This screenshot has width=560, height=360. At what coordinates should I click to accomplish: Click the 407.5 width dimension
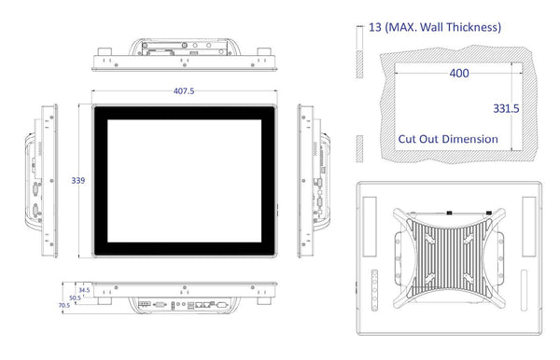pyautogui.click(x=184, y=91)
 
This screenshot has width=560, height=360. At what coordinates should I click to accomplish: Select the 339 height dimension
pyautogui.click(x=78, y=181)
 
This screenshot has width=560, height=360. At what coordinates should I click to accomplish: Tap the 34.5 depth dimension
pyautogui.click(x=84, y=290)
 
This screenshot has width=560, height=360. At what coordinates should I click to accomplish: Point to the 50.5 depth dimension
pyautogui.click(x=75, y=298)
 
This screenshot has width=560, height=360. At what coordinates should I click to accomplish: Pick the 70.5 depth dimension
pyautogui.click(x=64, y=305)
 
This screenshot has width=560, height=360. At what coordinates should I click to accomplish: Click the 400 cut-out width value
pyautogui.click(x=459, y=73)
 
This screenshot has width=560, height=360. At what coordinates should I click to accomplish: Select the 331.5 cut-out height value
pyautogui.click(x=506, y=108)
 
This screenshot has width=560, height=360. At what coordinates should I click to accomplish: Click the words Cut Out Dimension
pyautogui.click(x=448, y=139)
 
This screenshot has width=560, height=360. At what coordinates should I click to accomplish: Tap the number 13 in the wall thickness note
pyautogui.click(x=375, y=27)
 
